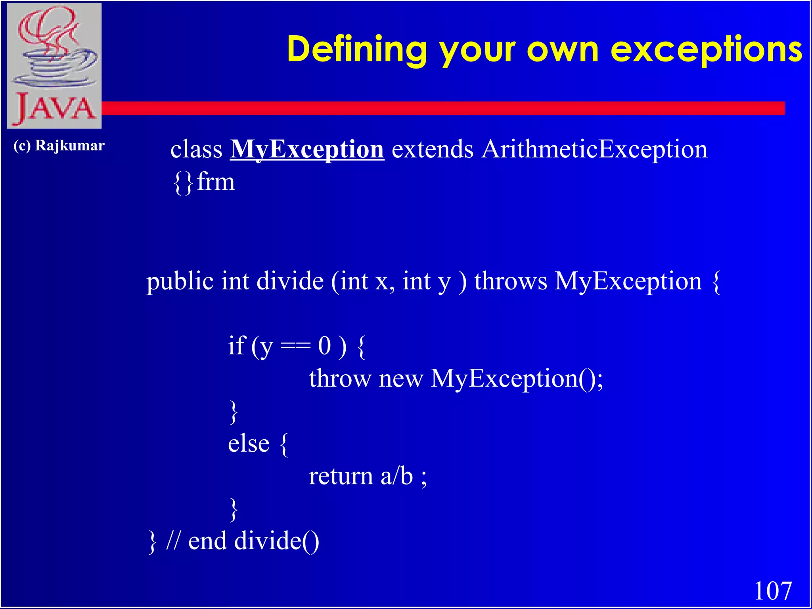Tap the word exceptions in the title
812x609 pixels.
tap(706, 50)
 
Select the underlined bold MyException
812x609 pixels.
tap(307, 149)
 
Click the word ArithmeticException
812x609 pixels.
tap(594, 149)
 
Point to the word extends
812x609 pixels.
tap(432, 149)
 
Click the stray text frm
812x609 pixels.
tap(216, 182)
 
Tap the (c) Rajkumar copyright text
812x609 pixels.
tap(59, 146)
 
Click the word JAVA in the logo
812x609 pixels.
tap(55, 108)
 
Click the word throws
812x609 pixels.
tap(511, 282)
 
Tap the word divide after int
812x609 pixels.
tap(290, 282)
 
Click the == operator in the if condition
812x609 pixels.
tap(295, 346)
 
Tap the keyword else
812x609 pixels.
tap(249, 444)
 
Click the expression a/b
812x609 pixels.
tap(396, 476)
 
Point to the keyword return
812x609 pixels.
tap(341, 476)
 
